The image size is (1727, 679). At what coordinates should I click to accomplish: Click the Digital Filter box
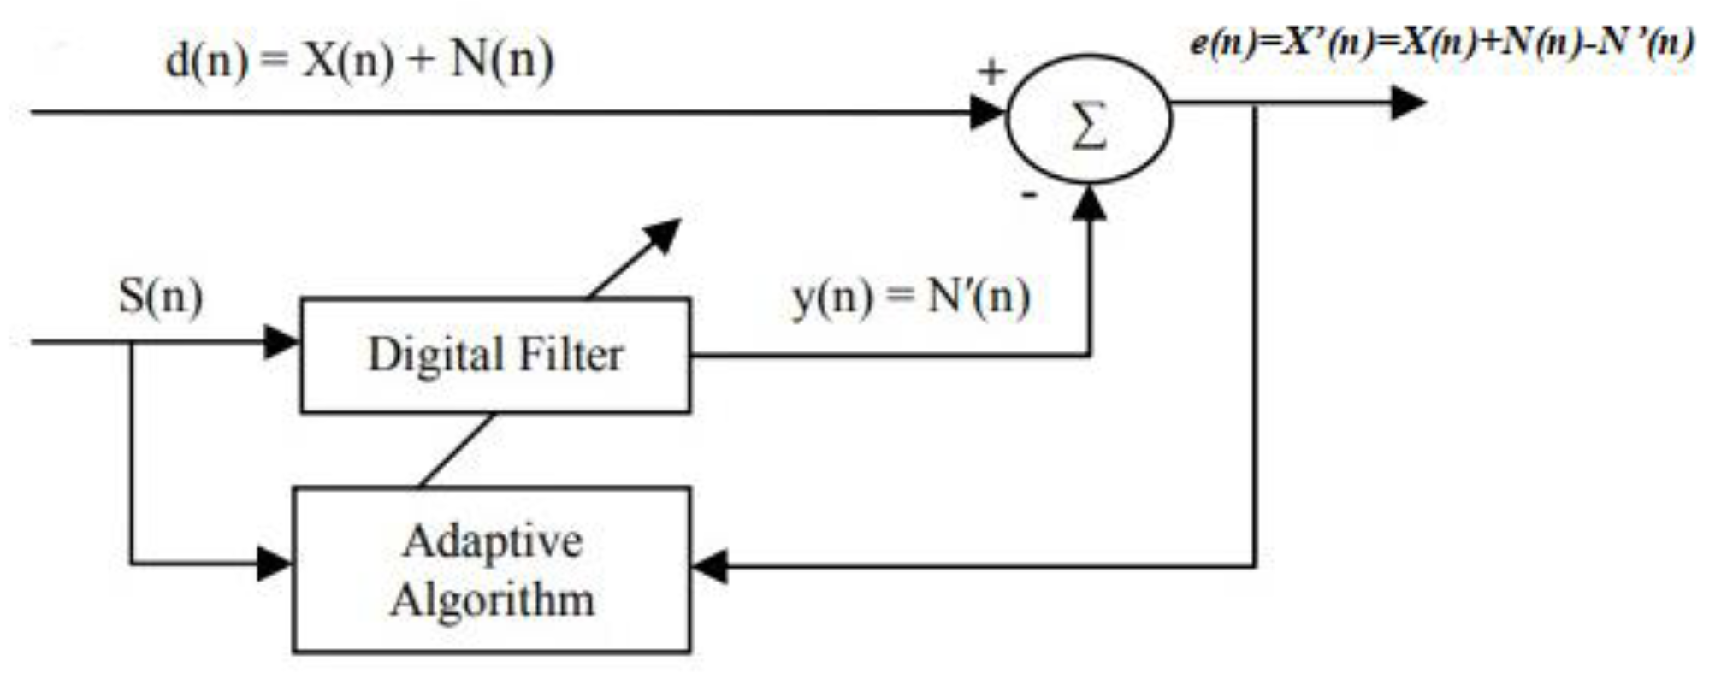click(x=494, y=355)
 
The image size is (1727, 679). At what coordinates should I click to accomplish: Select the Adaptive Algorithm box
click(x=491, y=570)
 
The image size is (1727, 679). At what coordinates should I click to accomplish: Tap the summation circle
click(x=1088, y=120)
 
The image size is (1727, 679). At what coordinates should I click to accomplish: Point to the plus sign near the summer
click(x=991, y=72)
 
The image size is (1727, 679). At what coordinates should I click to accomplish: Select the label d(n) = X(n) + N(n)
click(x=359, y=61)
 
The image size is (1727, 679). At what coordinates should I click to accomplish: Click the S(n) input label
click(x=161, y=297)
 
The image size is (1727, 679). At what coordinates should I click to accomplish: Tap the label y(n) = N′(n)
click(x=911, y=297)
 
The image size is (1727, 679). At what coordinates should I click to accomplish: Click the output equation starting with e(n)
click(x=1440, y=43)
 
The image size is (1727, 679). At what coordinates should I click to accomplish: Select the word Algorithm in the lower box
click(x=492, y=599)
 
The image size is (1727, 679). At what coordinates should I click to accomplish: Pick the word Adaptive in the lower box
click(x=493, y=541)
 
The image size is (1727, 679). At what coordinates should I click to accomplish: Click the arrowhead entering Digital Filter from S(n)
click(x=281, y=342)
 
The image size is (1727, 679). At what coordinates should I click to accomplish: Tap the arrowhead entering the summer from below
click(x=1089, y=204)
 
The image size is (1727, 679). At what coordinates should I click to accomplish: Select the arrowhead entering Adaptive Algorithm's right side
click(x=709, y=565)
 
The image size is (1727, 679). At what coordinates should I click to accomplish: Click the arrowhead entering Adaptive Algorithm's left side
click(x=275, y=564)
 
